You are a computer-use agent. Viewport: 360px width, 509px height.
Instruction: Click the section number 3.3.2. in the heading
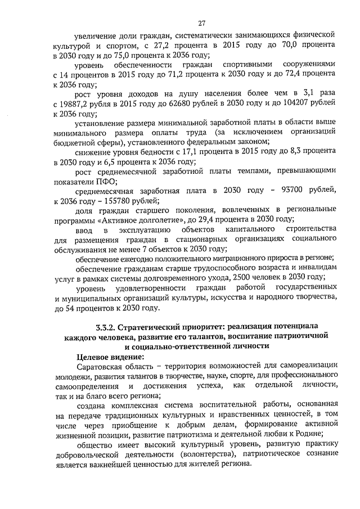(109, 327)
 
